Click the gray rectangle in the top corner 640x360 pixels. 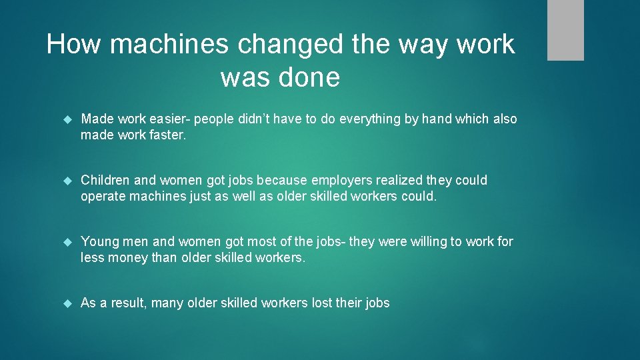[x=565, y=30]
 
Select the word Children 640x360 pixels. [x=105, y=181]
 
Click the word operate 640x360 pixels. [x=103, y=197]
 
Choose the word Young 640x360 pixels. [x=99, y=242]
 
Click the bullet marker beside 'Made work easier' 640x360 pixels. [x=67, y=119]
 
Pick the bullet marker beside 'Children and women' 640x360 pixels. [x=67, y=181]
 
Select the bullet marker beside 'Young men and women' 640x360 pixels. [x=67, y=242]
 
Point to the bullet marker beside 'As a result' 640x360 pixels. [x=67, y=303]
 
